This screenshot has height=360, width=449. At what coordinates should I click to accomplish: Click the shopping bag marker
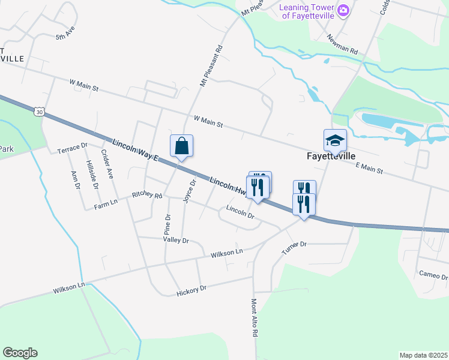pyautogui.click(x=181, y=146)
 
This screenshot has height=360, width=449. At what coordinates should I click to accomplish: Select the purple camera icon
pyautogui.click(x=343, y=10)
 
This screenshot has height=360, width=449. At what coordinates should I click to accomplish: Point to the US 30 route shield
pyautogui.click(x=39, y=112)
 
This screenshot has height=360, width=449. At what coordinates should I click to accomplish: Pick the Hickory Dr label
pyautogui.click(x=191, y=290)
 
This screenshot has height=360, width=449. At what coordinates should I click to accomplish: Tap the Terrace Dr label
pyautogui.click(x=72, y=148)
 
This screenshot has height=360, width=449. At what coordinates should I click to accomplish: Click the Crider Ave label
pyautogui.click(x=107, y=164)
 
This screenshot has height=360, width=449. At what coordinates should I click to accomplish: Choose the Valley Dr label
pyautogui.click(x=176, y=240)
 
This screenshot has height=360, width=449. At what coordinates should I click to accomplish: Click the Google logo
pyautogui.click(x=20, y=353)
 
